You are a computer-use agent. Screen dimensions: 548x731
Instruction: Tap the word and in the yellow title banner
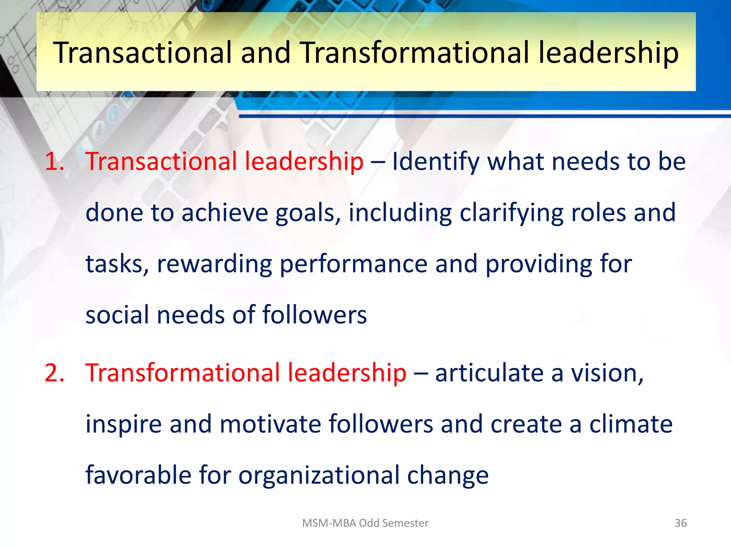point(266,53)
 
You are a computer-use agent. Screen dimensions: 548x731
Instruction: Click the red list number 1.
point(54,161)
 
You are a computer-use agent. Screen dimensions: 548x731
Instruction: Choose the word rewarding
point(214,264)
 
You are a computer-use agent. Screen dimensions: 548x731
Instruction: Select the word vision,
point(608,373)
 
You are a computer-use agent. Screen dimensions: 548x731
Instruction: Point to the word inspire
point(123,425)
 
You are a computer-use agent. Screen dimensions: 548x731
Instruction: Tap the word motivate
point(271,424)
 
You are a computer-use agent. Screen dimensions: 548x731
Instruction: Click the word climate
point(631,424)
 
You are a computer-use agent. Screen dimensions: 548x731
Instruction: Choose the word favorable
point(138,475)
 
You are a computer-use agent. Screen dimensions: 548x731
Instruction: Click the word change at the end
point(448,476)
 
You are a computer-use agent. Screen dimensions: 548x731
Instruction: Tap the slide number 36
point(681,523)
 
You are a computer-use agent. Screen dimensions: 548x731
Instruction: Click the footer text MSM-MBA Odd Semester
point(365,523)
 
